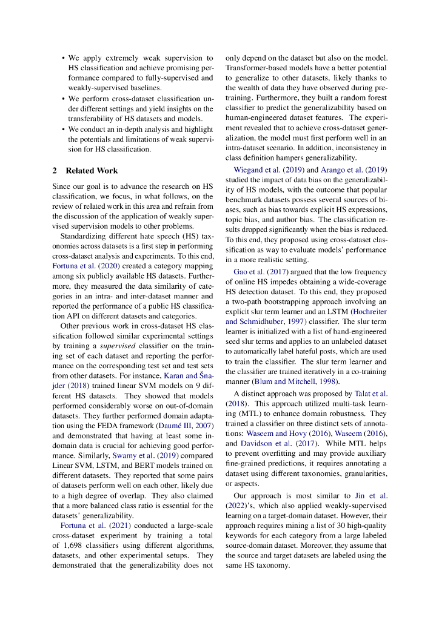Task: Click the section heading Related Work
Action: (x=92, y=171)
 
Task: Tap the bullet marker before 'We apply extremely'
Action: (x=63, y=59)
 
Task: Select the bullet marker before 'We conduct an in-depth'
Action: (x=63, y=130)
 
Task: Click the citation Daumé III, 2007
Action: (x=183, y=425)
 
